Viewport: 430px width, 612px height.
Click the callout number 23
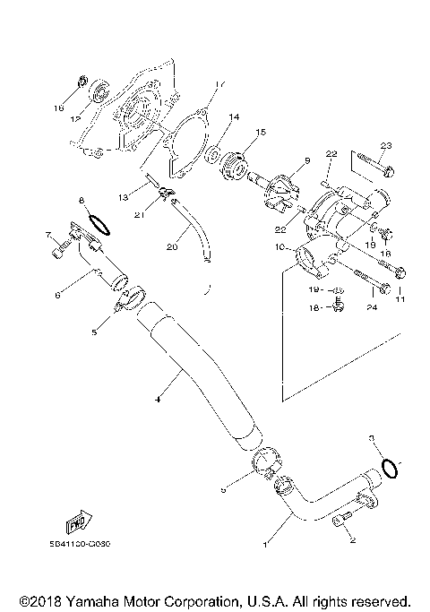point(386,145)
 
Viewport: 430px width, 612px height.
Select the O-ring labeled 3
point(390,468)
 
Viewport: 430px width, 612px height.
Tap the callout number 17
point(216,86)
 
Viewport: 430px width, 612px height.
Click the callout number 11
point(400,297)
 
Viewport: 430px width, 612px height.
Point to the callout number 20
point(171,245)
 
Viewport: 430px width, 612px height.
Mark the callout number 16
point(59,106)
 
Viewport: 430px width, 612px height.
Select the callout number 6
point(56,293)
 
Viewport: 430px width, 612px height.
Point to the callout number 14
point(235,116)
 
